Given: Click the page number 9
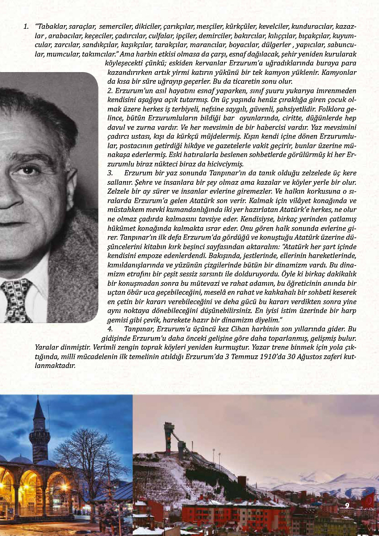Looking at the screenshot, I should (x=347, y=505).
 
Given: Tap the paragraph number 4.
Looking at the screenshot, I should (x=110, y=329).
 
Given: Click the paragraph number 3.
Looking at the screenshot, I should (x=110, y=172).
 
